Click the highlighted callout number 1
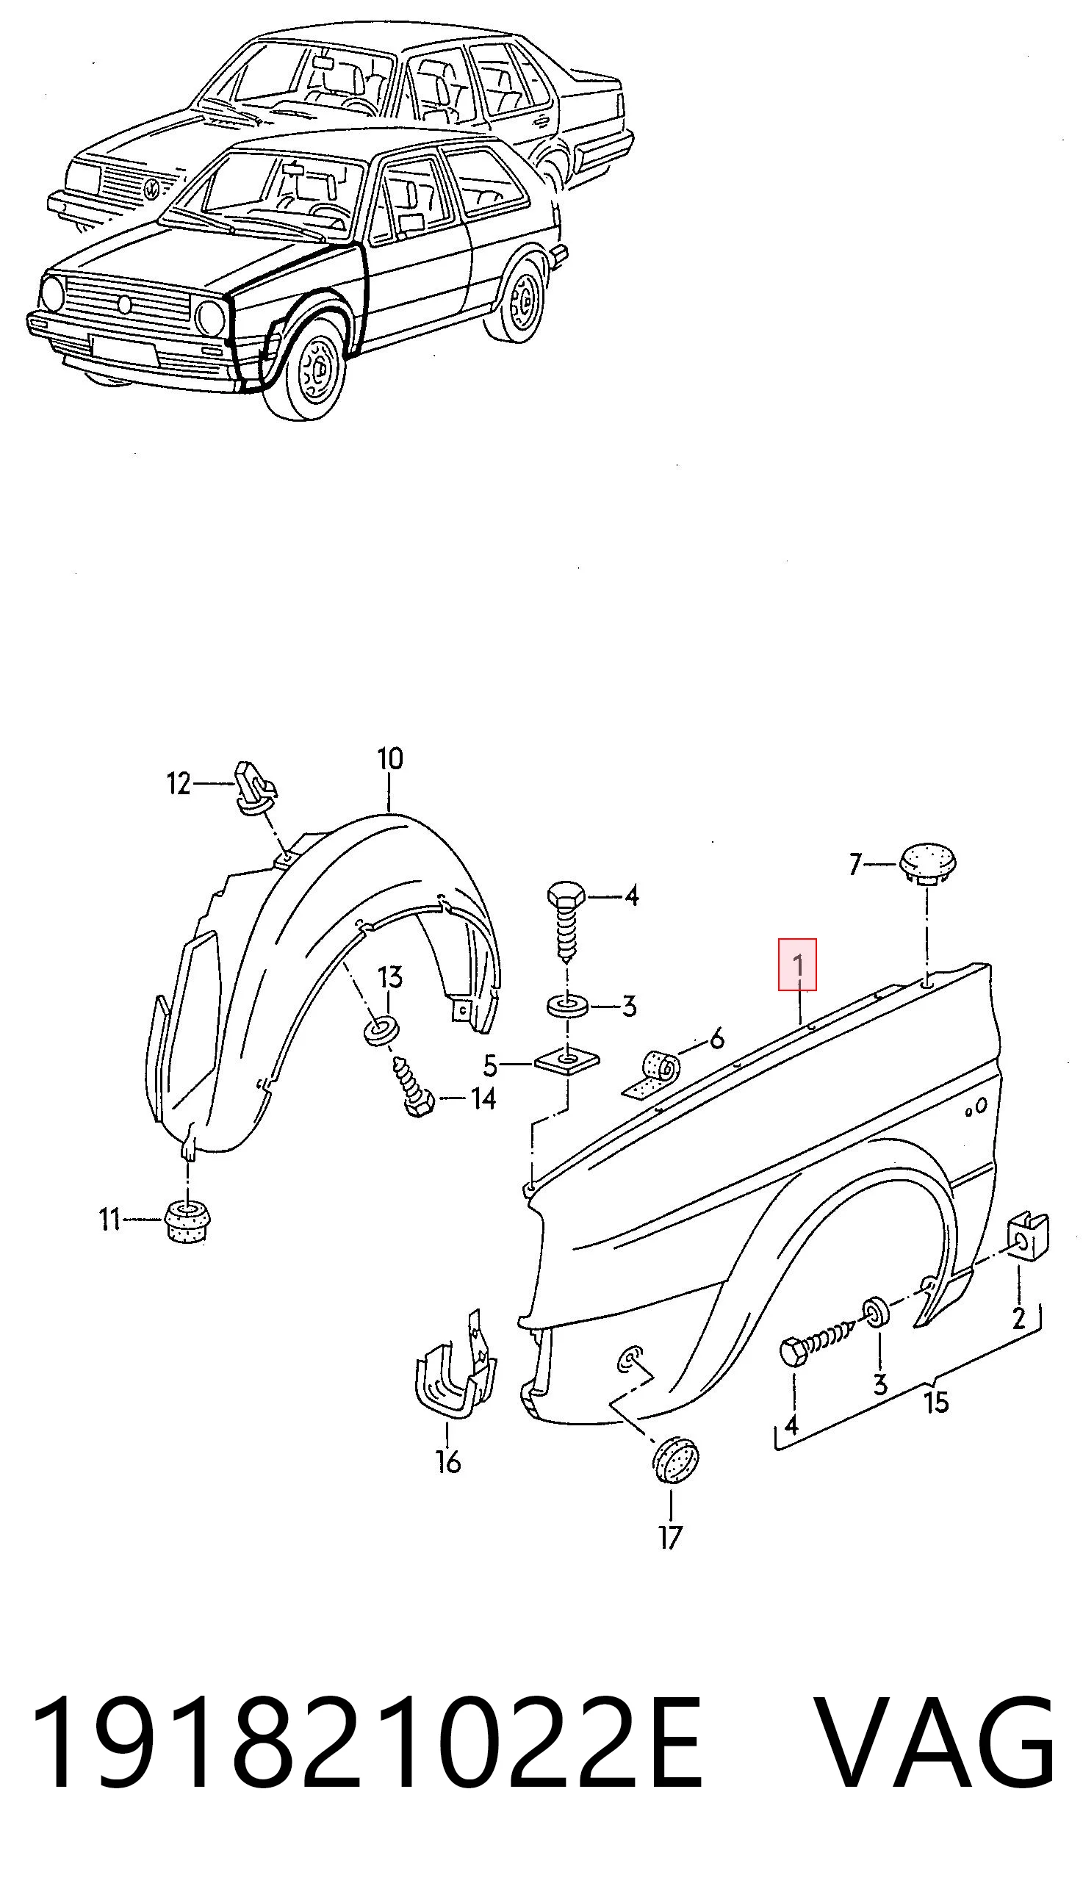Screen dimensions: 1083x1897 [x=797, y=965]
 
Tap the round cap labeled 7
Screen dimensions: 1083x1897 [x=927, y=863]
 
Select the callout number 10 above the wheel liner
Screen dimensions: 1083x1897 [x=389, y=759]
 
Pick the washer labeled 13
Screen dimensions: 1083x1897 [x=381, y=1032]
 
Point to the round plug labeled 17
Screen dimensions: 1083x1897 [x=676, y=1460]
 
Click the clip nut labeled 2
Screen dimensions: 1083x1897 [x=1029, y=1238]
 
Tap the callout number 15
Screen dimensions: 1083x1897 [x=937, y=1402]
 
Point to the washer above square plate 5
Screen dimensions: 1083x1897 [x=567, y=1007]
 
